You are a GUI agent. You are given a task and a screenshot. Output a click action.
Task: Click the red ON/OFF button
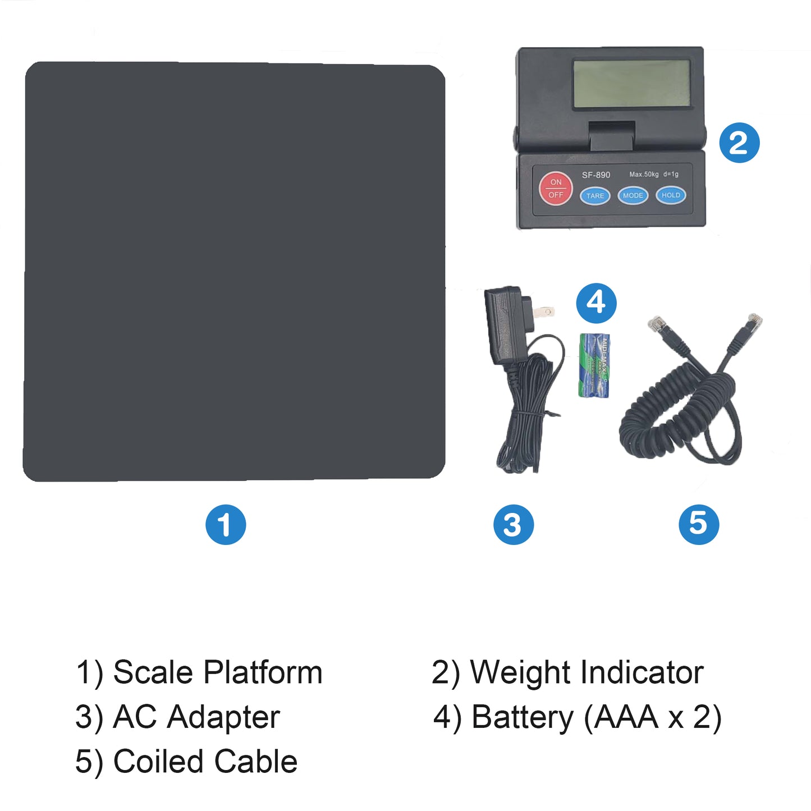point(556,189)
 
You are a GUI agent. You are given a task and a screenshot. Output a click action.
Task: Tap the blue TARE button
point(595,196)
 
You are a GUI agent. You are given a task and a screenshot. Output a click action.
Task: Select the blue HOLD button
point(670,195)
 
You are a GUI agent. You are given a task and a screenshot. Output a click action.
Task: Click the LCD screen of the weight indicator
point(631,84)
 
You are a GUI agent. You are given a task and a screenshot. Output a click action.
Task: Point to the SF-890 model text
point(595,175)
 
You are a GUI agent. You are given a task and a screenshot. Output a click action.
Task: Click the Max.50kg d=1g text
point(653,175)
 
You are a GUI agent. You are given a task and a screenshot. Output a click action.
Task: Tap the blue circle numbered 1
point(226,525)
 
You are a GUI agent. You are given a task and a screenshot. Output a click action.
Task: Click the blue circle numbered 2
point(739,143)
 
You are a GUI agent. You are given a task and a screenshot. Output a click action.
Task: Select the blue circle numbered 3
point(513,525)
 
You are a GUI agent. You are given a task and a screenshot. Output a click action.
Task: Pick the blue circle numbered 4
point(596,303)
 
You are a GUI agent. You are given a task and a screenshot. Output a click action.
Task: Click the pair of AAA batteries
point(594,365)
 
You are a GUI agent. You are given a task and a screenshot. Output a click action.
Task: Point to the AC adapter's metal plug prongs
point(544,310)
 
